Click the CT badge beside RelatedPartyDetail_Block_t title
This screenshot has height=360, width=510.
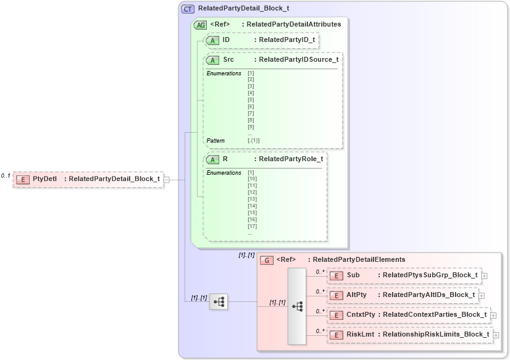tap(187, 9)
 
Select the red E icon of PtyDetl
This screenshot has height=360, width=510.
tap(22, 179)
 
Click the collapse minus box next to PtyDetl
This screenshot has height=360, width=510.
tap(167, 180)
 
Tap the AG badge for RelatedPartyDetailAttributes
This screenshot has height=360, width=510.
tap(200, 25)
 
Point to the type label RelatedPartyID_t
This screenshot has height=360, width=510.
tap(287, 40)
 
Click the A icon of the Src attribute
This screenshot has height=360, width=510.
tap(213, 60)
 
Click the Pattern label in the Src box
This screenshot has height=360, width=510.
tap(215, 140)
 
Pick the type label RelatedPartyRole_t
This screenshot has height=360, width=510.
tap(290, 159)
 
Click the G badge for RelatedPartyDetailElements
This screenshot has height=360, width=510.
tap(267, 260)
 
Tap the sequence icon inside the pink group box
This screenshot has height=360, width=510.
tap(297, 306)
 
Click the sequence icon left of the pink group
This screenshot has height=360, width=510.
tap(219, 302)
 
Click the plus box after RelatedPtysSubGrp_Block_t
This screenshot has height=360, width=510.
tap(485, 276)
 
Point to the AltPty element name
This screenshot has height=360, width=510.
tap(356, 295)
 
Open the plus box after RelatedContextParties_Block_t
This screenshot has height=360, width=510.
tap(493, 316)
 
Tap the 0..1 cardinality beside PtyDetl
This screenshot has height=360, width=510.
tap(6, 176)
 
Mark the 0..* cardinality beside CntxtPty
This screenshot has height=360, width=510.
tap(320, 311)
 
